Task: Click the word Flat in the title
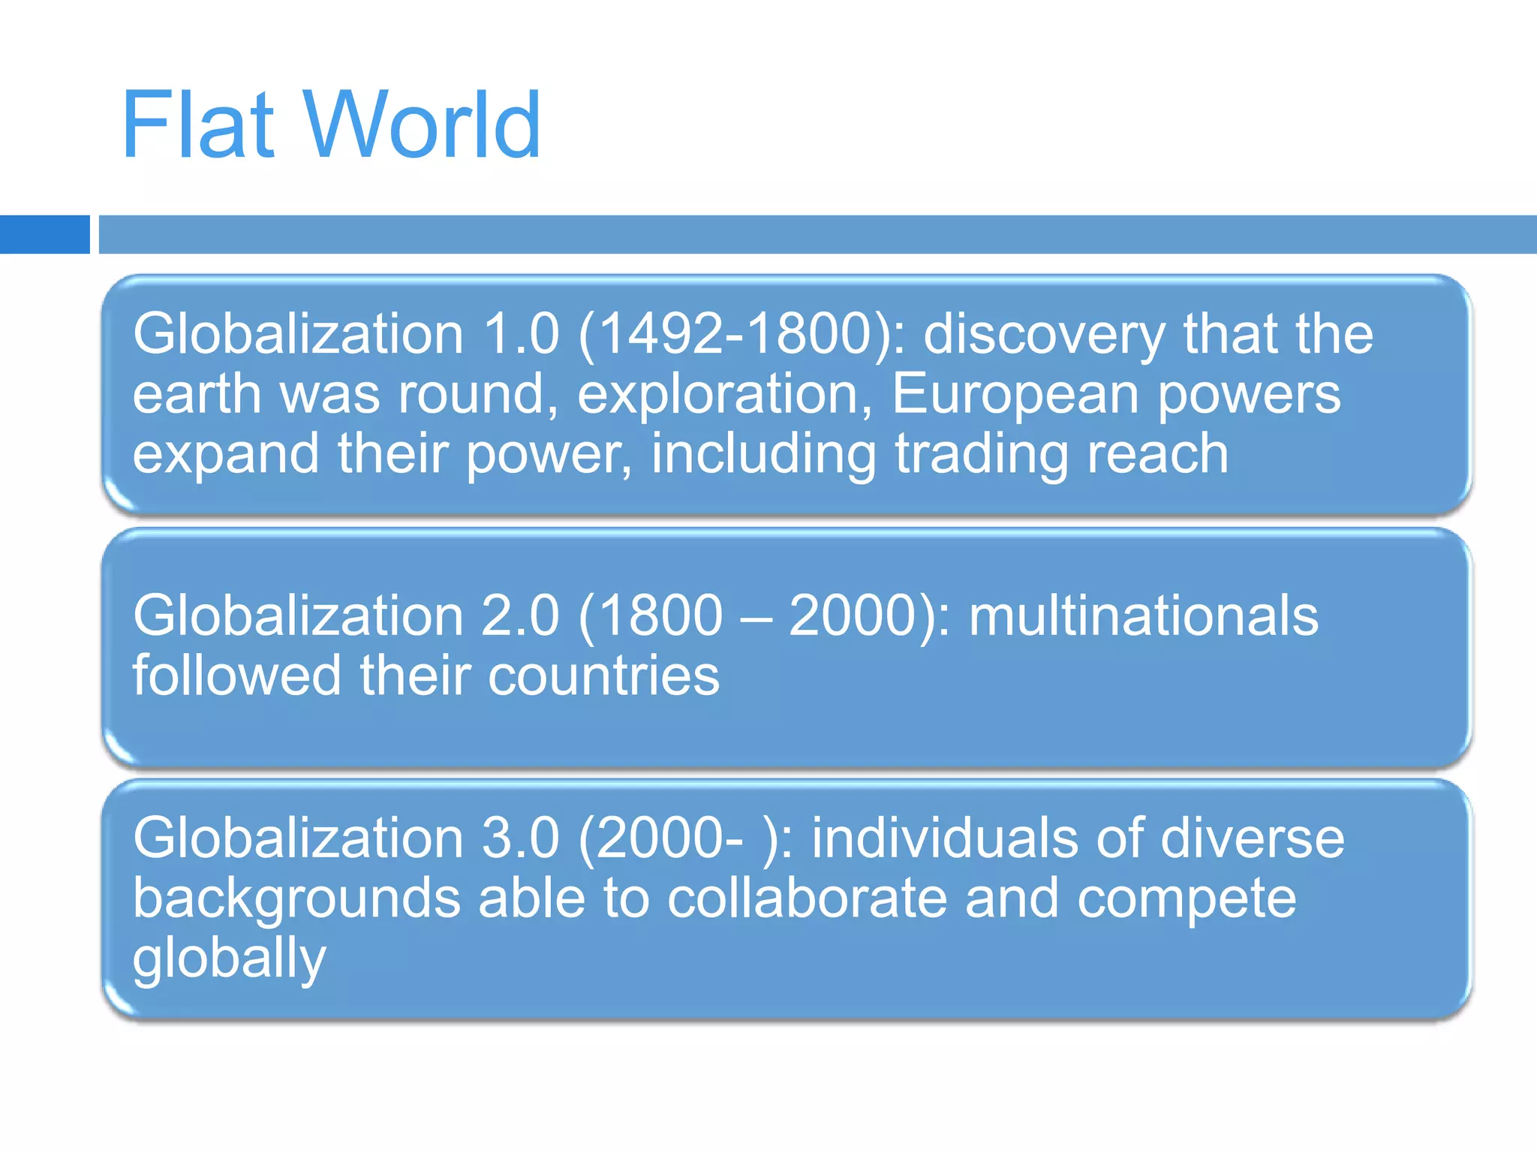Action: (197, 125)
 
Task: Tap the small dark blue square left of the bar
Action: (44, 234)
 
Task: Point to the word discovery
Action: (1044, 335)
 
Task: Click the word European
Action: (1015, 395)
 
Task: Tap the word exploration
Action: (717, 395)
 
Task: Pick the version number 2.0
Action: (520, 616)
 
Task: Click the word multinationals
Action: (1143, 616)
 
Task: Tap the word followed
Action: (237, 676)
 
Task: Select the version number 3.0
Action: (520, 838)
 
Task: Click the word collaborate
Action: (807, 898)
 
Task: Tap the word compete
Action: (1186, 899)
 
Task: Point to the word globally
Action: (230, 959)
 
